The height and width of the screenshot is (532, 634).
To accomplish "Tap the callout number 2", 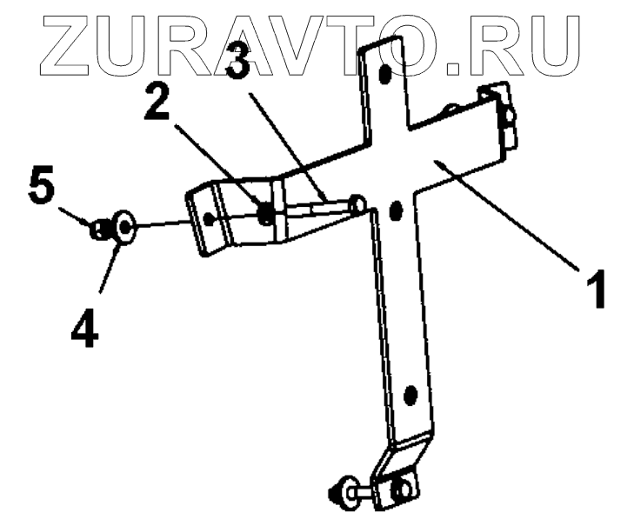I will [157, 103].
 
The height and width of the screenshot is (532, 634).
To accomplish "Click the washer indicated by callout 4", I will [124, 229].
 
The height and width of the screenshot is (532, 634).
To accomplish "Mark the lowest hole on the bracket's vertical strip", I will [410, 396].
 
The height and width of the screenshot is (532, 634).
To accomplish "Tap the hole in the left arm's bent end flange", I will [209, 216].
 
